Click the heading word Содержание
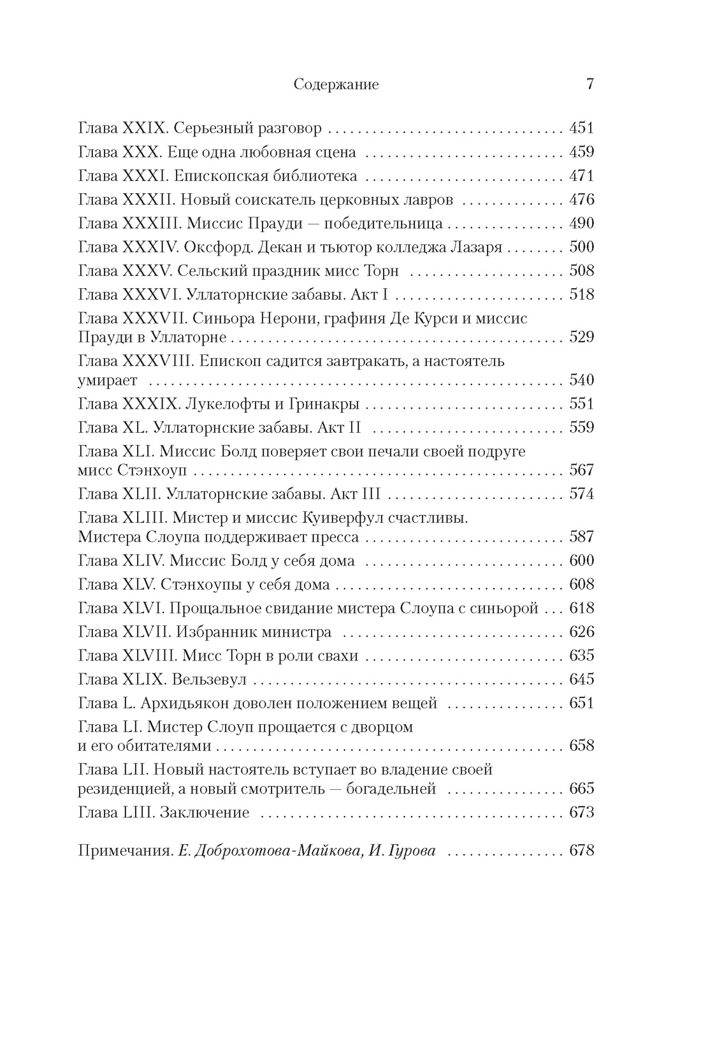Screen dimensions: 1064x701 [336, 85]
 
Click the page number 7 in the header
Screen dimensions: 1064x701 [589, 84]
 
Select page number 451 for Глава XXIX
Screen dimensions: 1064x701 [581, 129]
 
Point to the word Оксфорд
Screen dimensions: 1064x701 [210, 247]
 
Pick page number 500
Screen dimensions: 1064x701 [581, 247]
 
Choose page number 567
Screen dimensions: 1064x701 [581, 470]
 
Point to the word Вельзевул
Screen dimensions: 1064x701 [209, 680]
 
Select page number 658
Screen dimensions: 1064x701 [581, 746]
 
